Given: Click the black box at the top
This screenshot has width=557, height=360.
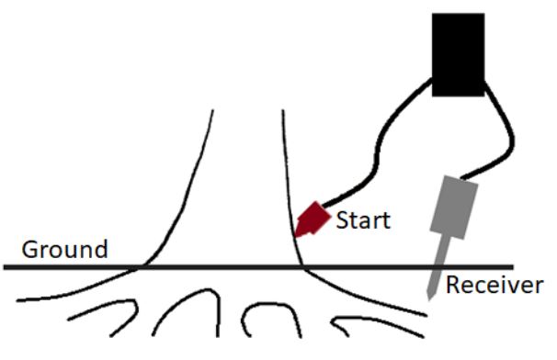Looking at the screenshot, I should pyautogui.click(x=458, y=55).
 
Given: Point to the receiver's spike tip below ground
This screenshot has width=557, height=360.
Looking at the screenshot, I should pyautogui.click(x=430, y=297).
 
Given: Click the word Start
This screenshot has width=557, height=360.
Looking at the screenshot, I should pyautogui.click(x=362, y=220).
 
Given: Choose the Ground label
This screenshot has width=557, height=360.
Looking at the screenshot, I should pyautogui.click(x=64, y=249).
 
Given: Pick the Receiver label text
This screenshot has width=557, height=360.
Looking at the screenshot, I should pyautogui.click(x=494, y=286).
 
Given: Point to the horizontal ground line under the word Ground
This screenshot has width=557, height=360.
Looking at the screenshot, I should pyautogui.click(x=64, y=267).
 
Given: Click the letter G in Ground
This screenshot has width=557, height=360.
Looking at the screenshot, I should pyautogui.click(x=29, y=249).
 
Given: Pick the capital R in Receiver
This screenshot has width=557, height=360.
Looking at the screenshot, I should pyautogui.click(x=452, y=286).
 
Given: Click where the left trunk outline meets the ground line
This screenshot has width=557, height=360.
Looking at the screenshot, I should pyautogui.click(x=140, y=267).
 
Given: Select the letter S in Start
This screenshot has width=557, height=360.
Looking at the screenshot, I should pyautogui.click(x=341, y=220).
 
